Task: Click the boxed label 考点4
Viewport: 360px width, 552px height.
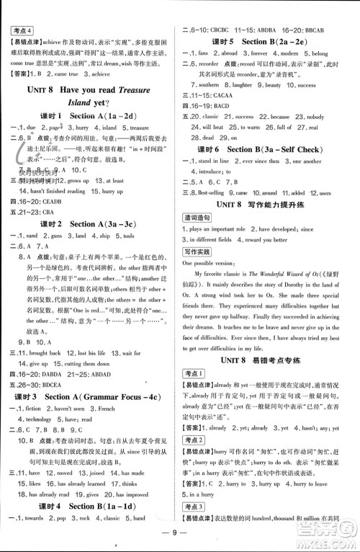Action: (x=23, y=30)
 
